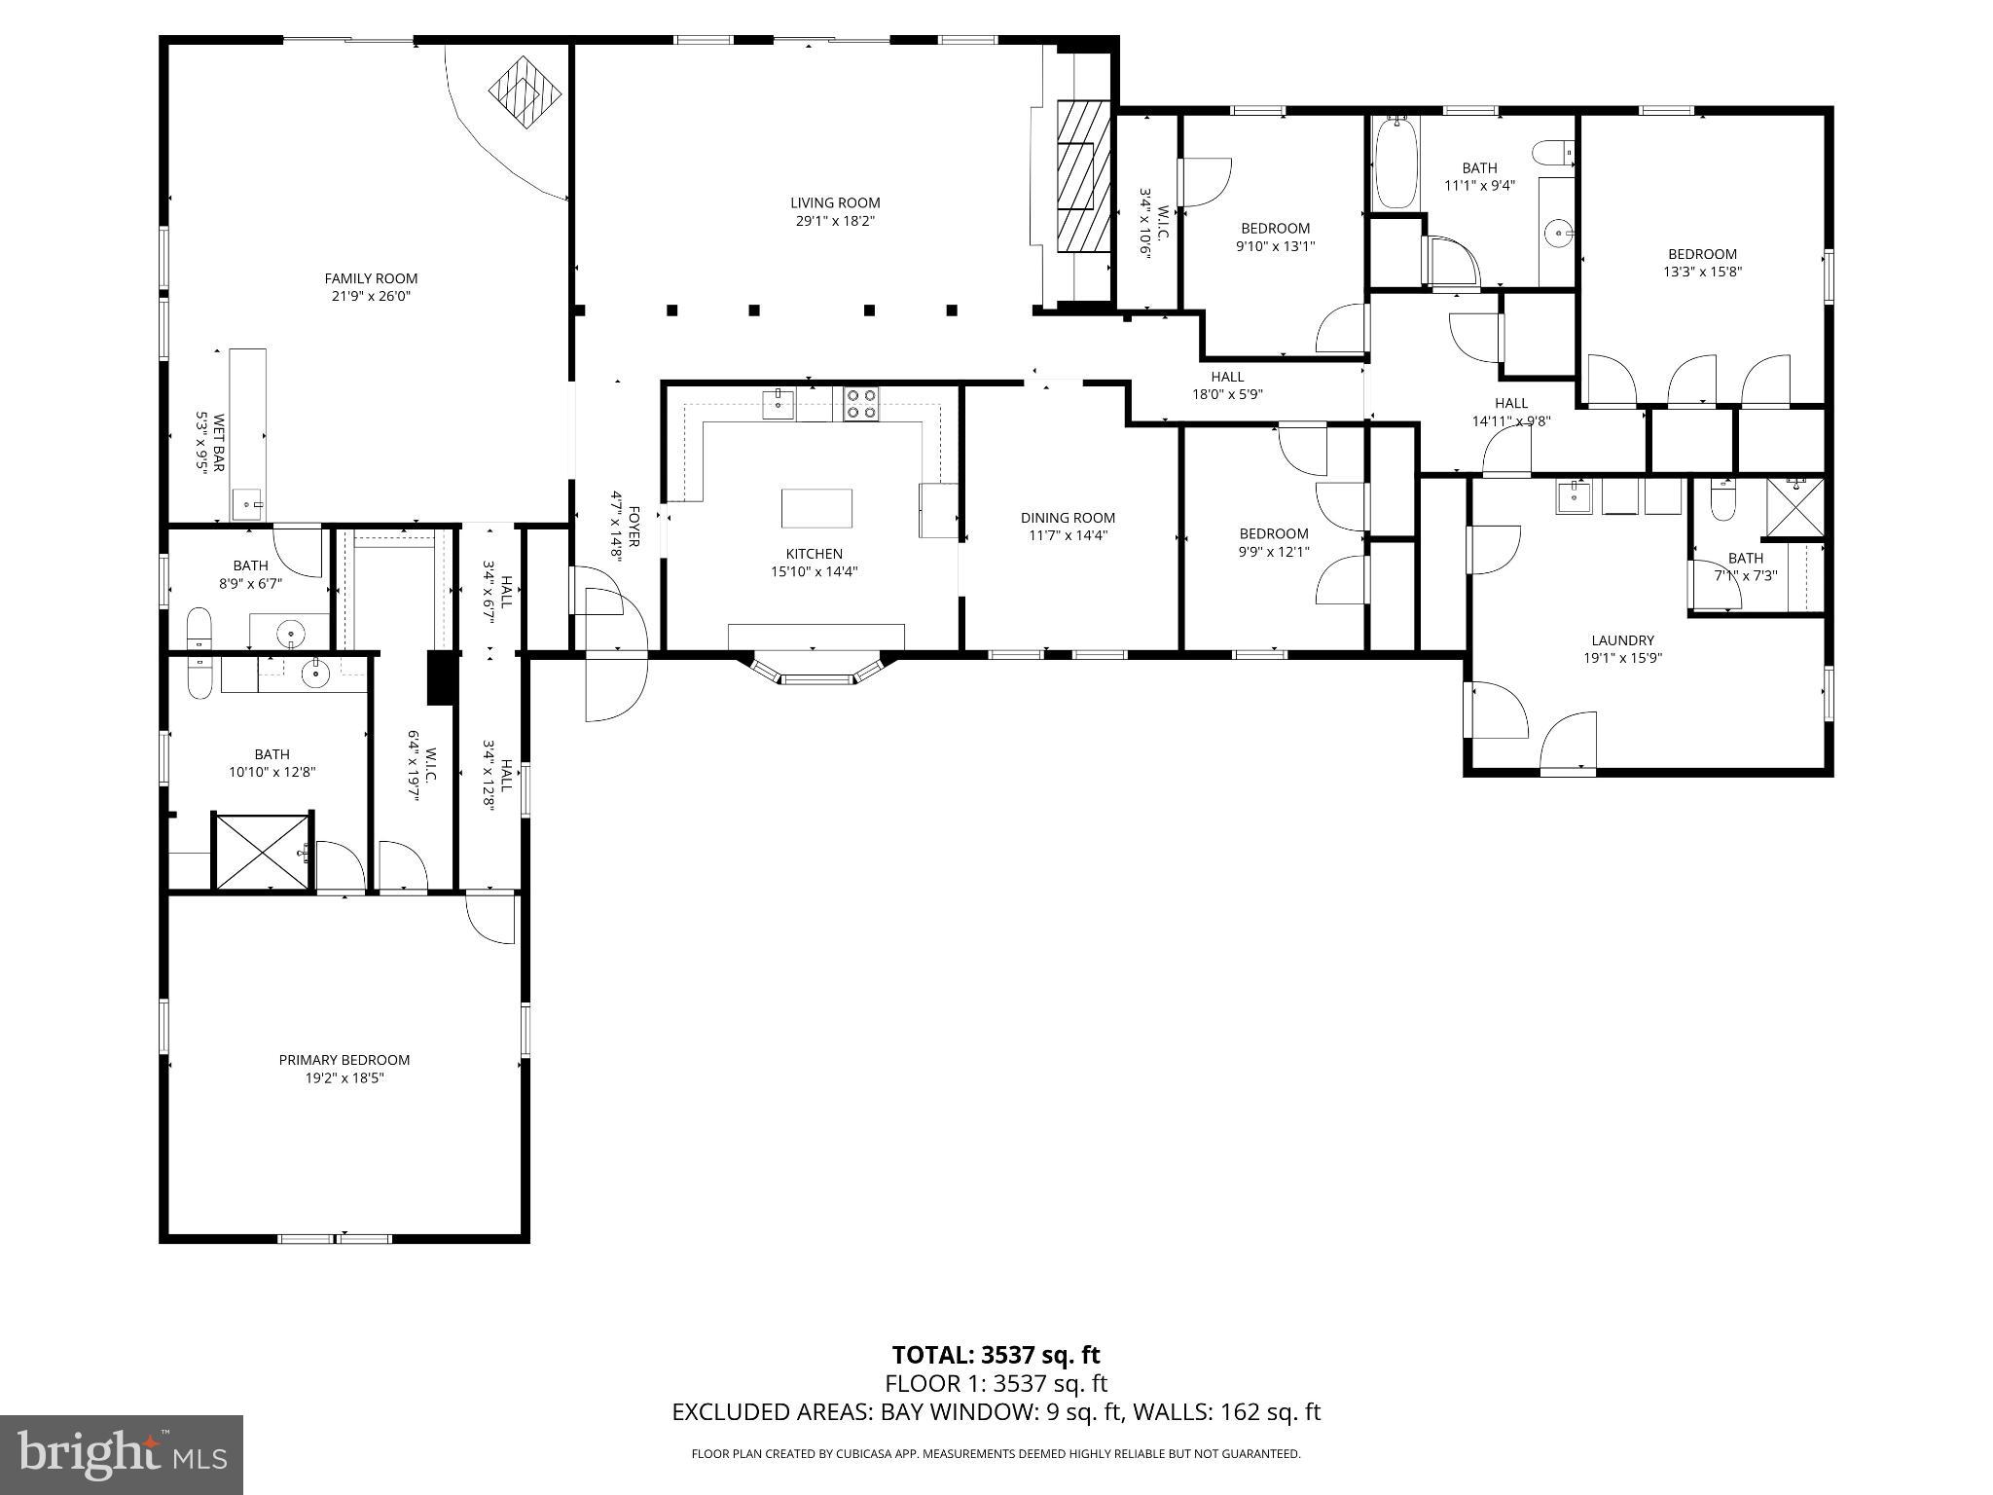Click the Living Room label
[x=835, y=202]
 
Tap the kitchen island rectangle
[x=816, y=508]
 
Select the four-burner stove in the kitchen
[x=861, y=404]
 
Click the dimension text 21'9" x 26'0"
[x=371, y=296]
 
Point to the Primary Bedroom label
[x=344, y=1060]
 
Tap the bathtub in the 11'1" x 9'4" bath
[x=1395, y=163]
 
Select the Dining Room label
[x=1068, y=518]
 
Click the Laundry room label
[x=1622, y=640]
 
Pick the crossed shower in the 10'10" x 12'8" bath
[x=263, y=852]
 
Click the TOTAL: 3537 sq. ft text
[x=996, y=1355]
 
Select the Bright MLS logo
[x=122, y=1454]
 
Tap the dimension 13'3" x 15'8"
[x=1702, y=273]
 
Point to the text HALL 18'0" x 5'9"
[x=1227, y=385]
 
